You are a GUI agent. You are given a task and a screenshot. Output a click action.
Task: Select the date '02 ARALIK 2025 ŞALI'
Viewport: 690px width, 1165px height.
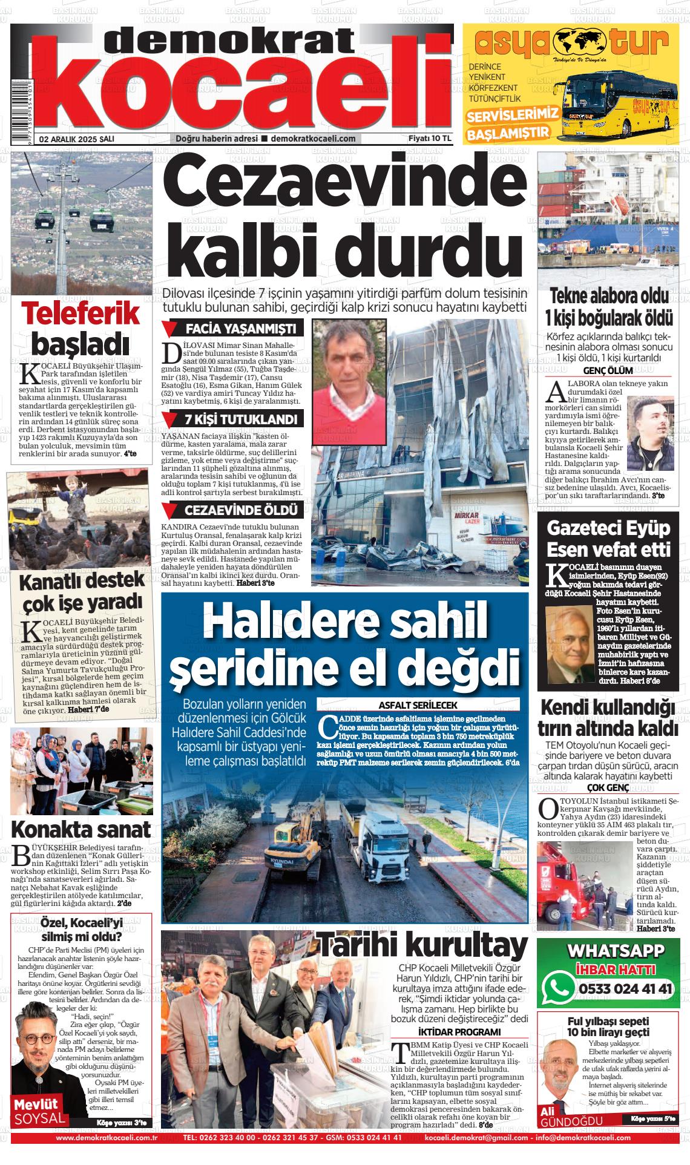(77, 139)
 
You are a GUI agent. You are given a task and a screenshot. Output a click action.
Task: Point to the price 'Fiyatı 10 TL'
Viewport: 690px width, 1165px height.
(430, 139)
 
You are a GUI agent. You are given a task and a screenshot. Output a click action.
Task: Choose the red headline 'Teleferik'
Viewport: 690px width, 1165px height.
(80, 314)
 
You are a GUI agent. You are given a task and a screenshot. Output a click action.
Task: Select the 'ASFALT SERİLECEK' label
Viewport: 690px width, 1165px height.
(418, 705)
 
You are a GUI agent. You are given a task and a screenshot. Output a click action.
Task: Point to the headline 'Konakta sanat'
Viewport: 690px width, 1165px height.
(80, 829)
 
